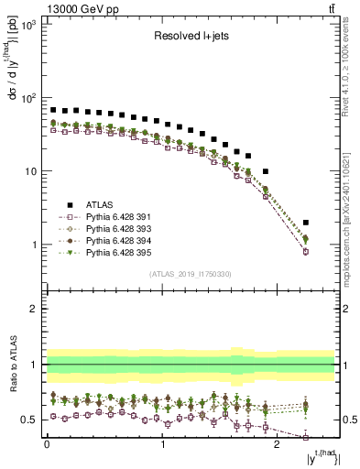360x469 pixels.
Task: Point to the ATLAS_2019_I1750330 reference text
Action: [190, 273]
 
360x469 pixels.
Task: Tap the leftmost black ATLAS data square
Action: [53, 110]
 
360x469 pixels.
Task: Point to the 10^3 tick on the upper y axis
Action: [29, 26]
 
